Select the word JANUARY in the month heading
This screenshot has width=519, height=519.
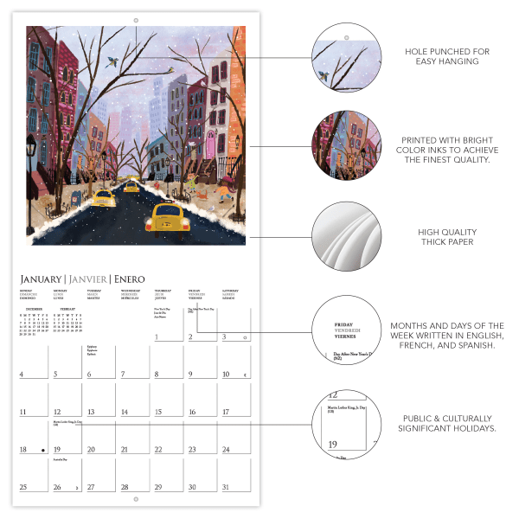[43, 279]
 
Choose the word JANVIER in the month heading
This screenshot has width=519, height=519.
[89, 279]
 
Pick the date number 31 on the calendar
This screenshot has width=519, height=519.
[225, 487]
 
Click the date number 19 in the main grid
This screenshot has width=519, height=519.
[56, 450]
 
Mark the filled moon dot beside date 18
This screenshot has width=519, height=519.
[43, 450]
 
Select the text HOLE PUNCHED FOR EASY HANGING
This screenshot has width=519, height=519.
[446, 56]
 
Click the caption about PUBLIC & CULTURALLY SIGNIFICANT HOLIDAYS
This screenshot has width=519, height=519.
[446, 423]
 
